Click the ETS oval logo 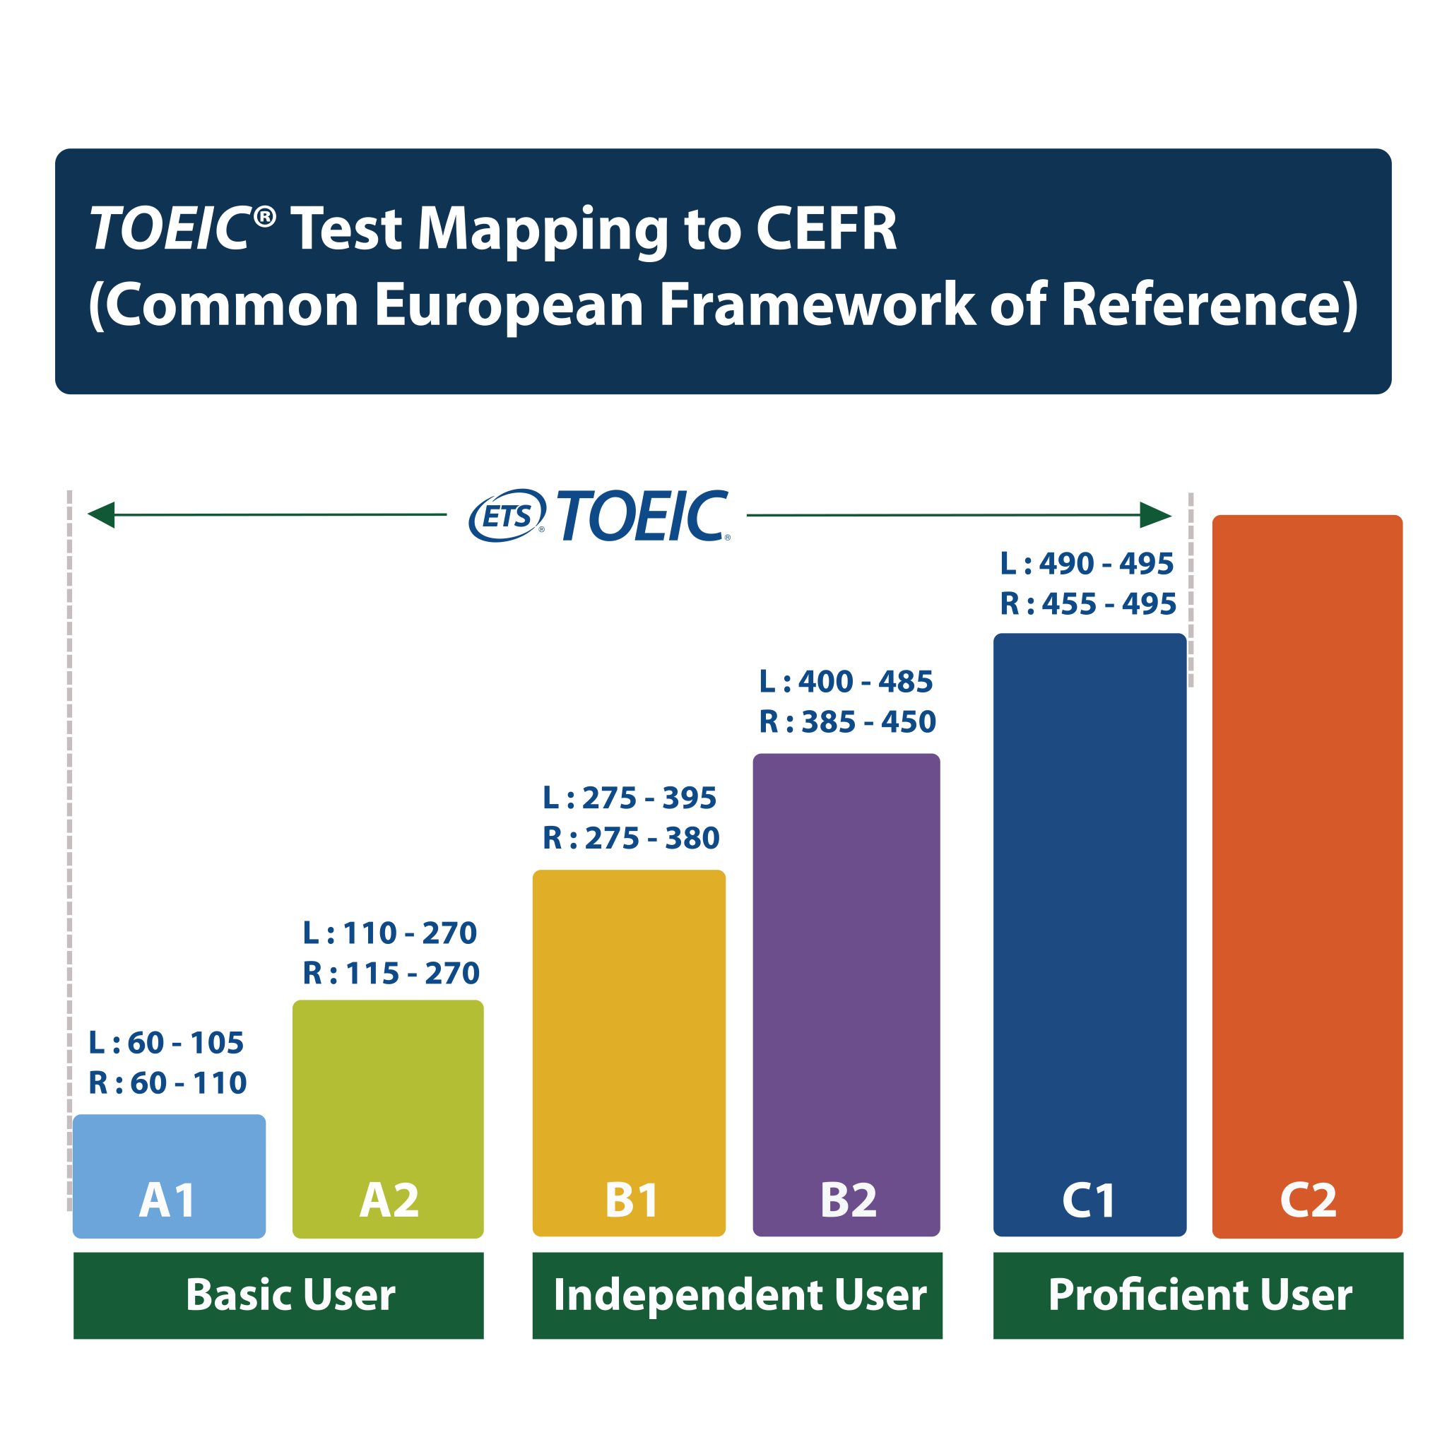tap(507, 515)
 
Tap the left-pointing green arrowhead tap(101, 514)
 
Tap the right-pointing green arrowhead tap(1155, 515)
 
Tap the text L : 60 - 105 tap(166, 1043)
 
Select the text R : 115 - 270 tap(391, 974)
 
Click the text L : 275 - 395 tap(630, 798)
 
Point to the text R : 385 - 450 tap(848, 722)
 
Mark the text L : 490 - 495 tap(1087, 564)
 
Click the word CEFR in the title tap(825, 228)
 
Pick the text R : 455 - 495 tap(1088, 604)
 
